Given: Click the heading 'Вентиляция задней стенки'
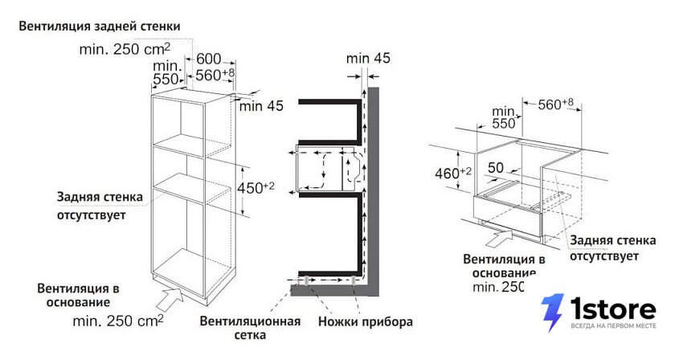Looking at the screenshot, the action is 100,27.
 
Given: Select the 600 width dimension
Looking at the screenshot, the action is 209,59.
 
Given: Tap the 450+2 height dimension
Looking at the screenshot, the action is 256,188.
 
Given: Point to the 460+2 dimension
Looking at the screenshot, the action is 453,173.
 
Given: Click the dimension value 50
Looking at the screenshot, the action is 496,167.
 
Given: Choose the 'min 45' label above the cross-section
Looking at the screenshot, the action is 368,58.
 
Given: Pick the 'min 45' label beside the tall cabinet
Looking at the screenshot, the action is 261,105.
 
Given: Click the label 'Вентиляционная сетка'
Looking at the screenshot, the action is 250,328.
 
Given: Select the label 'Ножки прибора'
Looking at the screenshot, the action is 366,321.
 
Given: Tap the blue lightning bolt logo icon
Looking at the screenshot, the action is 552,313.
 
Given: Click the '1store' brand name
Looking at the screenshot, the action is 613,309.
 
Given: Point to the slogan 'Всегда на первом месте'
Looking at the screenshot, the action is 614,326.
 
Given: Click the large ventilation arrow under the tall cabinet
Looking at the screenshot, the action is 170,299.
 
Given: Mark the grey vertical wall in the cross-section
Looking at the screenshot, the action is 373,191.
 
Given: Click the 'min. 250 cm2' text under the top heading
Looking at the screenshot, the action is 125,49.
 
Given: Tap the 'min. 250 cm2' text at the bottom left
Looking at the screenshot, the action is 118,321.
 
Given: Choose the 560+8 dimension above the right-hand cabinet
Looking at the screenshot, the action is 555,104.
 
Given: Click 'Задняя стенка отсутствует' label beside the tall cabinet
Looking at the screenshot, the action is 100,206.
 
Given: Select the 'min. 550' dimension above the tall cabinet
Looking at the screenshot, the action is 166,72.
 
